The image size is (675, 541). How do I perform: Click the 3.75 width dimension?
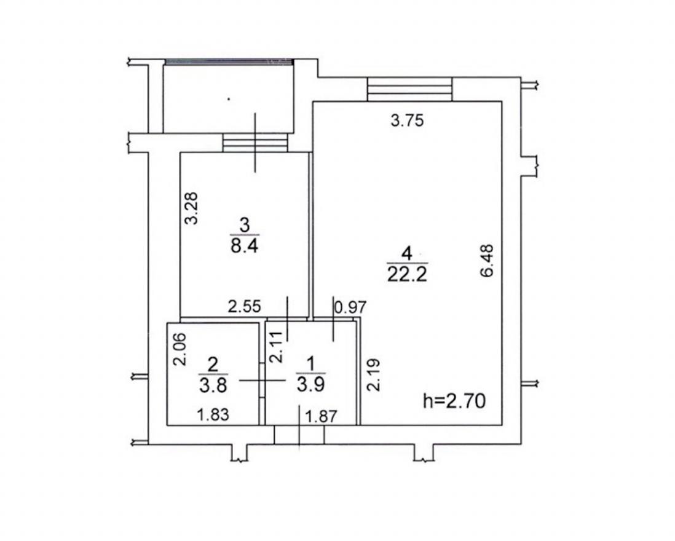click(407, 120)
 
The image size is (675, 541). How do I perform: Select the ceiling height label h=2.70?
click(454, 401)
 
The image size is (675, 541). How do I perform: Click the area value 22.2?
click(407, 274)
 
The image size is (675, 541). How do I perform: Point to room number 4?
click(407, 253)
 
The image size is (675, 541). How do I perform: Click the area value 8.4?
click(244, 247)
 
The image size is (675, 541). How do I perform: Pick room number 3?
click(245, 226)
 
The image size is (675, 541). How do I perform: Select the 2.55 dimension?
click(245, 307)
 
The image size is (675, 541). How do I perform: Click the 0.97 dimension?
click(351, 307)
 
